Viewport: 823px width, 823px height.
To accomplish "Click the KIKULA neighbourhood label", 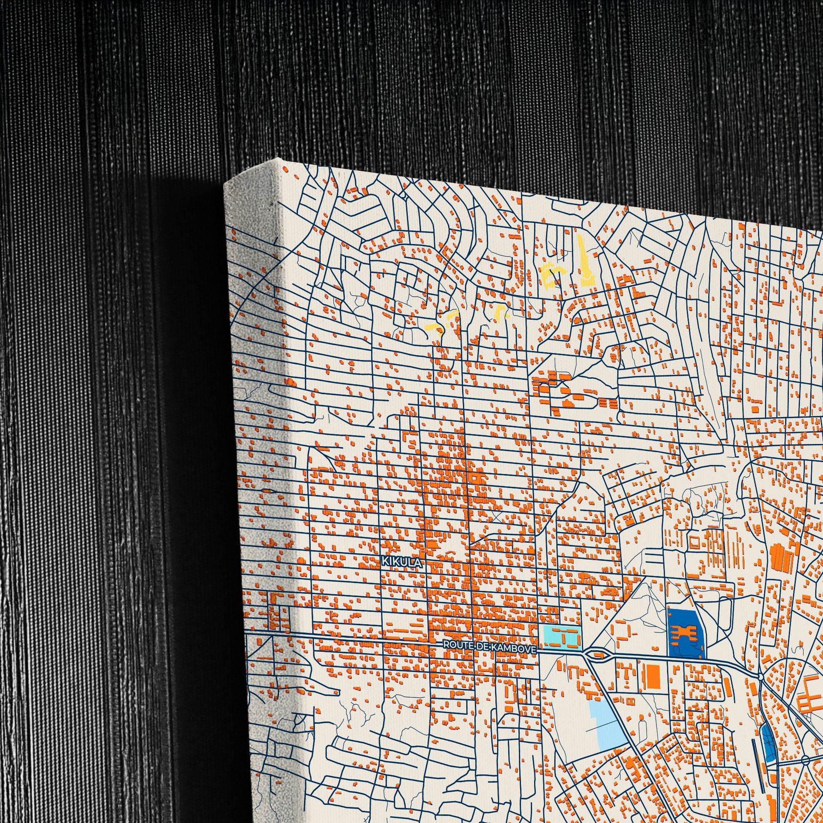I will point(402,563).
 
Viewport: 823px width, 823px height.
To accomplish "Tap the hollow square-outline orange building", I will point(695,543).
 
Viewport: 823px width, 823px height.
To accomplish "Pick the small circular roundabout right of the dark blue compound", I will point(761,677).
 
